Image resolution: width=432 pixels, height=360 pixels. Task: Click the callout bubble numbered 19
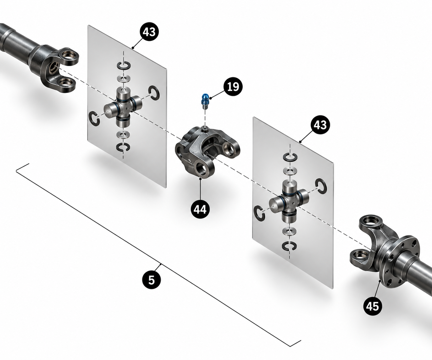pos(233,86)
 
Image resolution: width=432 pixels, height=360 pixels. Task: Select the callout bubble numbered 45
pos(373,306)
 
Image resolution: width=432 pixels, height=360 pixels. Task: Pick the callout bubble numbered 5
pos(152,280)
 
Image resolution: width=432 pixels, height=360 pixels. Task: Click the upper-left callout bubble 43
pos(149,32)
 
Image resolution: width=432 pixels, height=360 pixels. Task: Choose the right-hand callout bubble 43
pos(320,125)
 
